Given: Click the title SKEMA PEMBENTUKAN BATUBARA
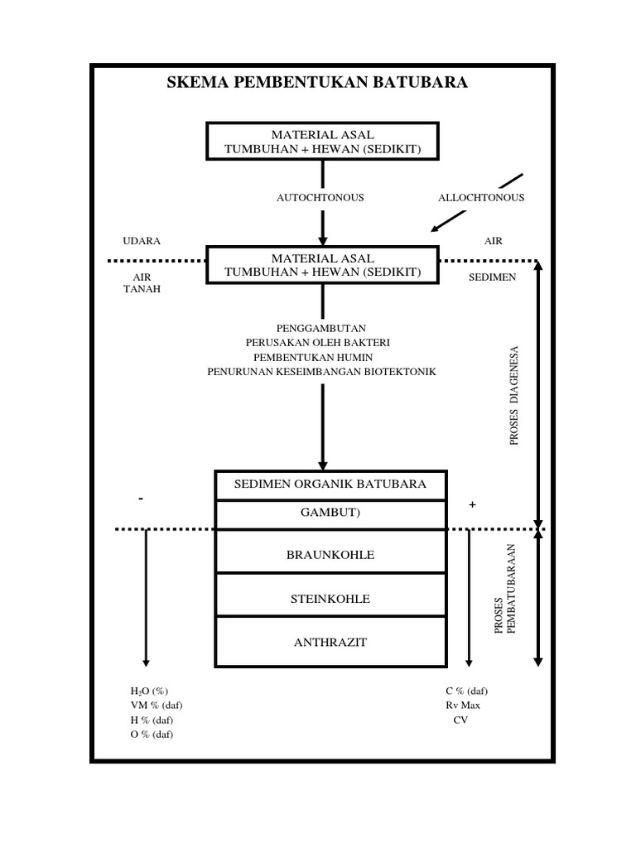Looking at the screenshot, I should [x=317, y=83].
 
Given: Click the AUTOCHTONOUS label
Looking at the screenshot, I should [x=320, y=198].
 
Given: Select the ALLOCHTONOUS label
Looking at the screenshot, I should [x=480, y=198].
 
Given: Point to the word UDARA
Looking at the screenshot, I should [x=141, y=241].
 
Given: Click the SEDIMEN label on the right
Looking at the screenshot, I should [x=492, y=277].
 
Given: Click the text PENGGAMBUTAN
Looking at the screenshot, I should [x=322, y=328].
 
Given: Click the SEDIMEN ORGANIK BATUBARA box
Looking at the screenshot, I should [x=331, y=484].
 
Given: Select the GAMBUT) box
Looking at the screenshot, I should [x=331, y=513].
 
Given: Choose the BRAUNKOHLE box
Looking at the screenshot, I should [x=331, y=554].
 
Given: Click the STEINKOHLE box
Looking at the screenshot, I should [x=331, y=598].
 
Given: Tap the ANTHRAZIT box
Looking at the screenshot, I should [x=331, y=643].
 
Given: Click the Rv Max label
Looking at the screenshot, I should [x=462, y=706].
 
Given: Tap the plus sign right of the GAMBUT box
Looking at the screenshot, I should [x=472, y=505].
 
